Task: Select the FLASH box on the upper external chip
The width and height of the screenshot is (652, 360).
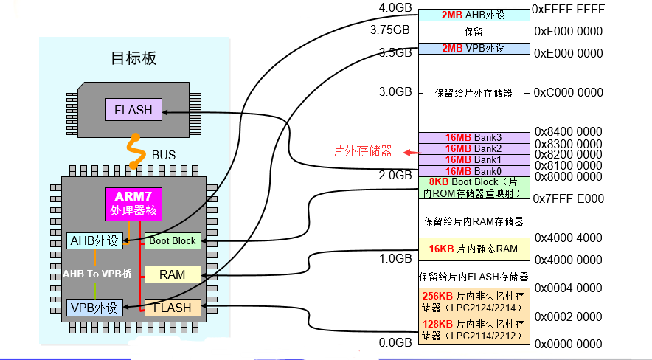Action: tap(133, 111)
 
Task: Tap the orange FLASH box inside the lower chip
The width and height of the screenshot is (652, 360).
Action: tap(172, 308)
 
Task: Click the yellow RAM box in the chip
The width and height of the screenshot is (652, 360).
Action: tap(172, 274)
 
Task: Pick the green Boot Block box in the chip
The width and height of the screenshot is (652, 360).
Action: tap(173, 240)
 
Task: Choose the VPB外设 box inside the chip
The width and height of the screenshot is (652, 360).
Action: tap(94, 308)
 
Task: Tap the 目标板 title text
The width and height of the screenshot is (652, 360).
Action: tap(133, 58)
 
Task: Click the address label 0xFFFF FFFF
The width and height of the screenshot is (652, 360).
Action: tap(568, 10)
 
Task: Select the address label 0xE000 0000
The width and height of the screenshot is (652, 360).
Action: tap(568, 53)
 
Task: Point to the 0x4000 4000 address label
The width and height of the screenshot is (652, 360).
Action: tap(568, 238)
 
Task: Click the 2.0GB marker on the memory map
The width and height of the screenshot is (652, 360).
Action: tap(395, 175)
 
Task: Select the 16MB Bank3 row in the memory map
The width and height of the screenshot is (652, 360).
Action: tap(474, 138)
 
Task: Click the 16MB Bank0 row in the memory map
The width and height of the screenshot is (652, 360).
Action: tap(474, 171)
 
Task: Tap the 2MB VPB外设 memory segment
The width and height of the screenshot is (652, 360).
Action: tap(474, 49)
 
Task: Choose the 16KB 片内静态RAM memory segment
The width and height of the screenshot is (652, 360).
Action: tap(474, 249)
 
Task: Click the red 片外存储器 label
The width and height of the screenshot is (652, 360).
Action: tap(363, 151)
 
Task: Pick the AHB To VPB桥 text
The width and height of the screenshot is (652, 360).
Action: tap(97, 273)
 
